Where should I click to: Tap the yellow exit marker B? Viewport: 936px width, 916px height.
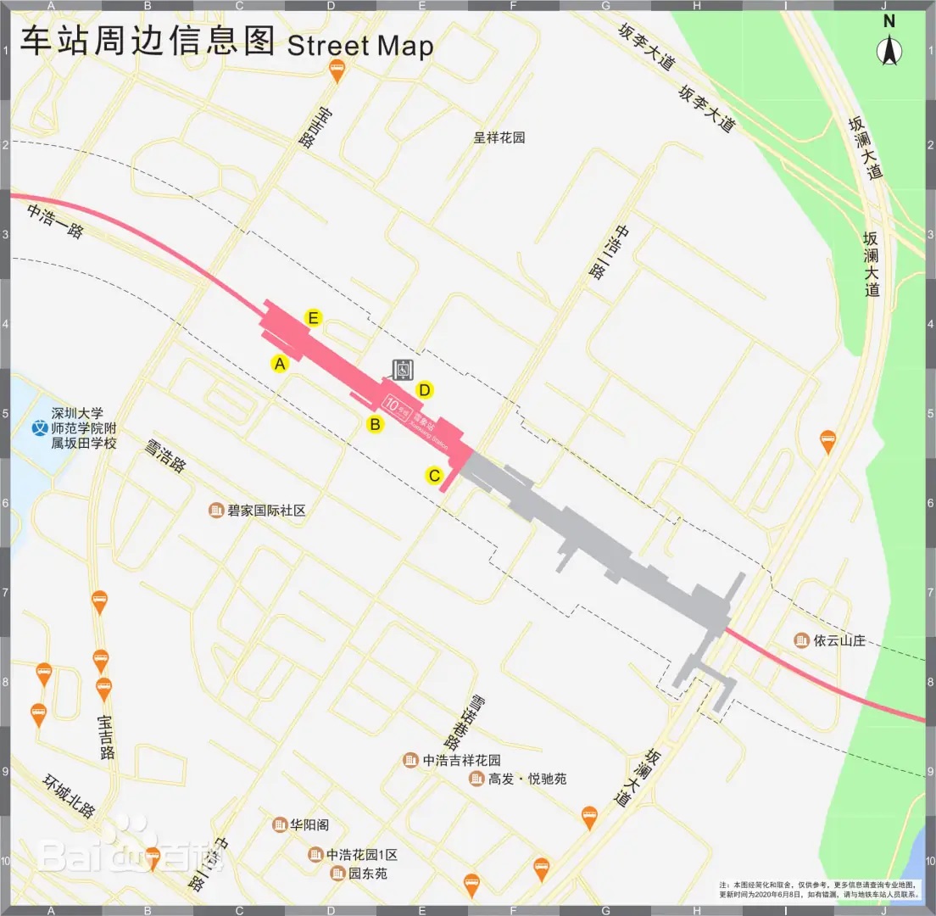click(x=375, y=423)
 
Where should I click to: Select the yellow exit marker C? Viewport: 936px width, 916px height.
click(x=434, y=476)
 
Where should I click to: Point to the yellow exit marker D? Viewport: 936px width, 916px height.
click(x=425, y=390)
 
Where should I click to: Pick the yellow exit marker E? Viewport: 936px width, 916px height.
click(x=313, y=319)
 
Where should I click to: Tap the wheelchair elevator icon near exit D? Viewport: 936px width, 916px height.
click(x=402, y=368)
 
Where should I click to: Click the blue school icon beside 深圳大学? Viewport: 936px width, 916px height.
click(x=38, y=428)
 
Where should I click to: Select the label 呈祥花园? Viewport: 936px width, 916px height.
click(x=499, y=137)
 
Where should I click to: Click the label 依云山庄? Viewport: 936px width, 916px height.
click(x=838, y=640)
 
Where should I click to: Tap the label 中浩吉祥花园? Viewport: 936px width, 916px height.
click(x=461, y=760)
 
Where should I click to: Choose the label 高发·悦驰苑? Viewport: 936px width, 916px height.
click(x=526, y=779)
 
